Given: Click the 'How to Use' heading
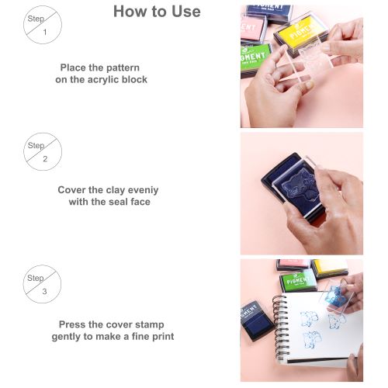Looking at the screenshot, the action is [x=157, y=12].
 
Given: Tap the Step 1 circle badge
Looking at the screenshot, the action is [x=43, y=25].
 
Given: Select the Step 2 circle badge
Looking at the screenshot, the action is [x=43, y=151].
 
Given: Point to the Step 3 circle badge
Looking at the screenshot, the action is [x=42, y=284].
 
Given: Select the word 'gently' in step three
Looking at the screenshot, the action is [x=65, y=337].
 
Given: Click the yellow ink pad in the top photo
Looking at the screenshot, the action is [x=300, y=36].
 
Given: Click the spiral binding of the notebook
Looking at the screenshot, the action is [x=281, y=327].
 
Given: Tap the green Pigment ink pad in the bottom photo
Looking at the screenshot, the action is [x=298, y=281].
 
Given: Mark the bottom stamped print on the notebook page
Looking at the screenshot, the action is [x=313, y=339].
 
